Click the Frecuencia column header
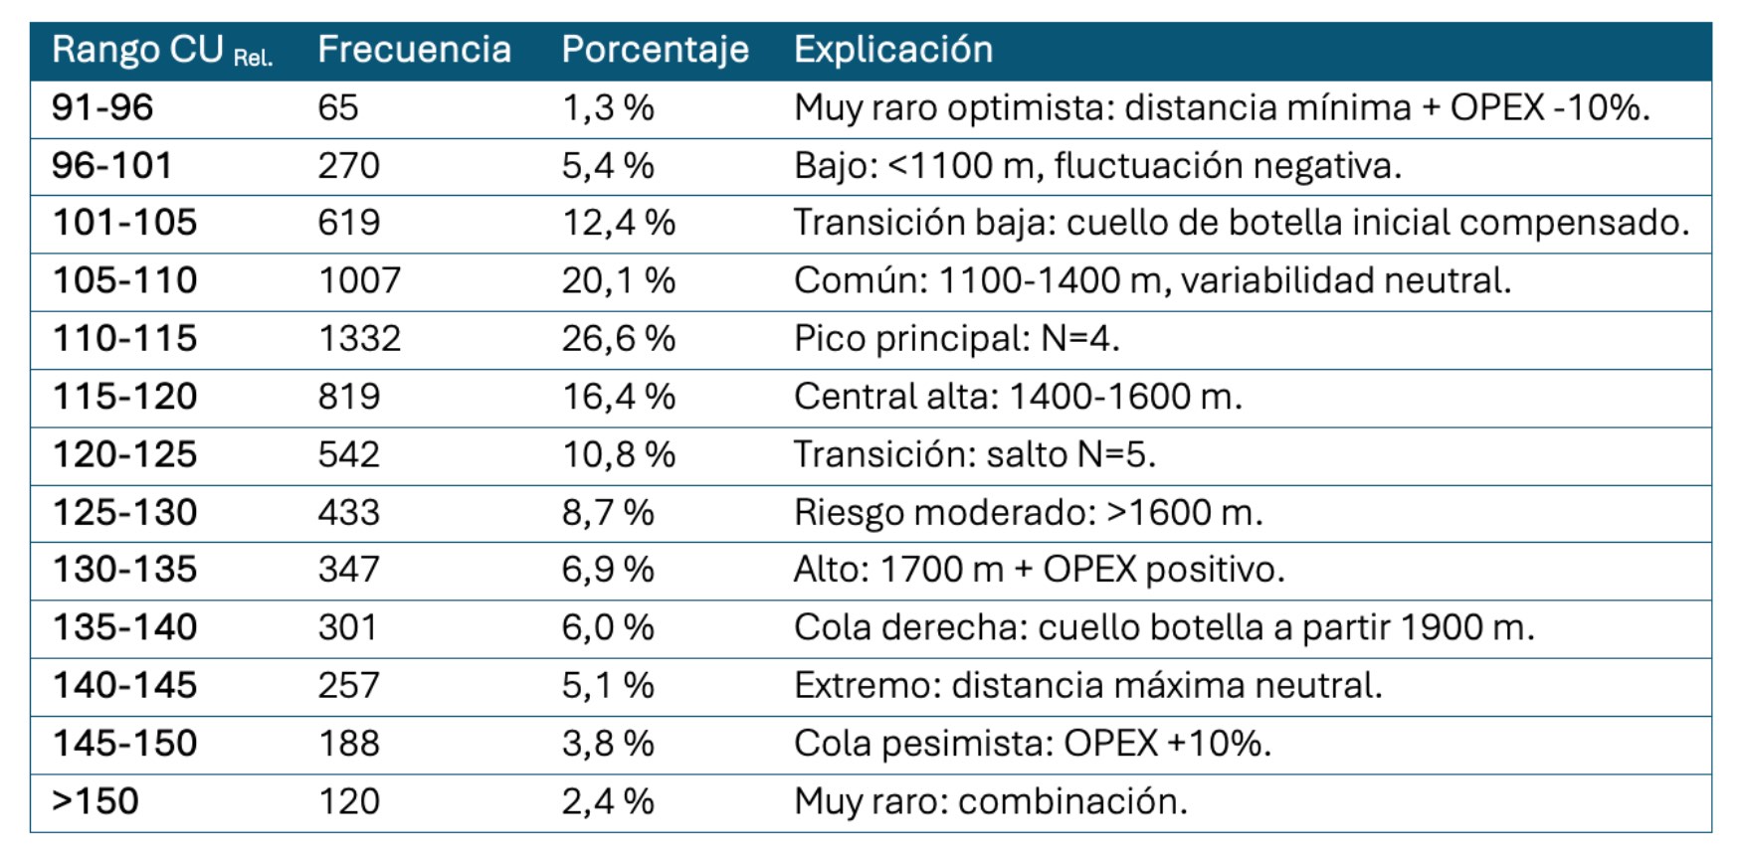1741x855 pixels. point(414,50)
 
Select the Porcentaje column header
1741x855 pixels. point(655,50)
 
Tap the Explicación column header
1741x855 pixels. point(892,50)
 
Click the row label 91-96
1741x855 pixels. point(102,107)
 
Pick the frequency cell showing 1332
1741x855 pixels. point(359,339)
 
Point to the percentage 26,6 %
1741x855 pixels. point(618,339)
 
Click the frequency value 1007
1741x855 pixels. point(359,281)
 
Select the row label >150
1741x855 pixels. point(95,801)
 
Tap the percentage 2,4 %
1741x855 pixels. point(608,801)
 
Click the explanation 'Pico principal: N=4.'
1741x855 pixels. point(956,339)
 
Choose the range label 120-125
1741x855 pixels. point(124,455)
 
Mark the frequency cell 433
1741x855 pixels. point(348,513)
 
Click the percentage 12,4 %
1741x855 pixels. point(618,223)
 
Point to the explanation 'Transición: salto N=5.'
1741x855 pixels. point(974,455)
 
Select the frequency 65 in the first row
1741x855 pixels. point(337,107)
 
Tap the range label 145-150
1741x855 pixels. point(124,744)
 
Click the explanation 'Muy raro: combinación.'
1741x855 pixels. point(990,801)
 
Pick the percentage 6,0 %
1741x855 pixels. point(608,627)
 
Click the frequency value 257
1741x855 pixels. point(348,686)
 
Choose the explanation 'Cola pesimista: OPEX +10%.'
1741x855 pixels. point(1032,744)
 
